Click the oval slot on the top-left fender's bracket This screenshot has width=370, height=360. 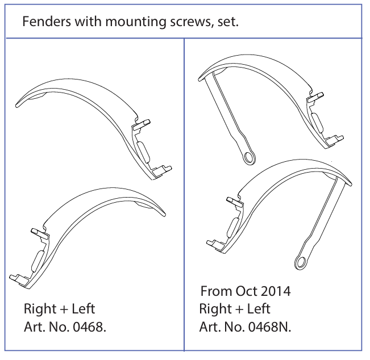coord(142,151)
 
